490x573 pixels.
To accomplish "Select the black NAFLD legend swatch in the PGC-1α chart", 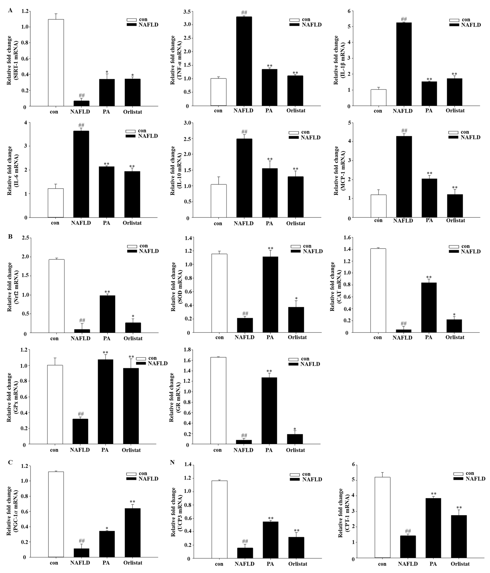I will pos(132,479).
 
